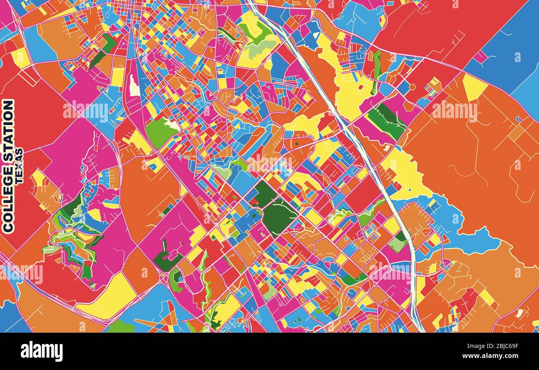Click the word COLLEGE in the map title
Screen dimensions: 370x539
click(x=8, y=198)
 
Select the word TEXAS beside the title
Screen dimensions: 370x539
click(x=19, y=166)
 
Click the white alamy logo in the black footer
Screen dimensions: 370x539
click(x=41, y=351)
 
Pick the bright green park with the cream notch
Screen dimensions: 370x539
click(x=160, y=132)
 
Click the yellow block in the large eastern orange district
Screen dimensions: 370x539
click(x=473, y=87)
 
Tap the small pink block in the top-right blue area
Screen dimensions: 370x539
click(x=480, y=56)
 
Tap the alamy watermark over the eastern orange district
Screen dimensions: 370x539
click(x=454, y=110)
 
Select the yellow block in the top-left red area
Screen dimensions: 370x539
click(x=20, y=58)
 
